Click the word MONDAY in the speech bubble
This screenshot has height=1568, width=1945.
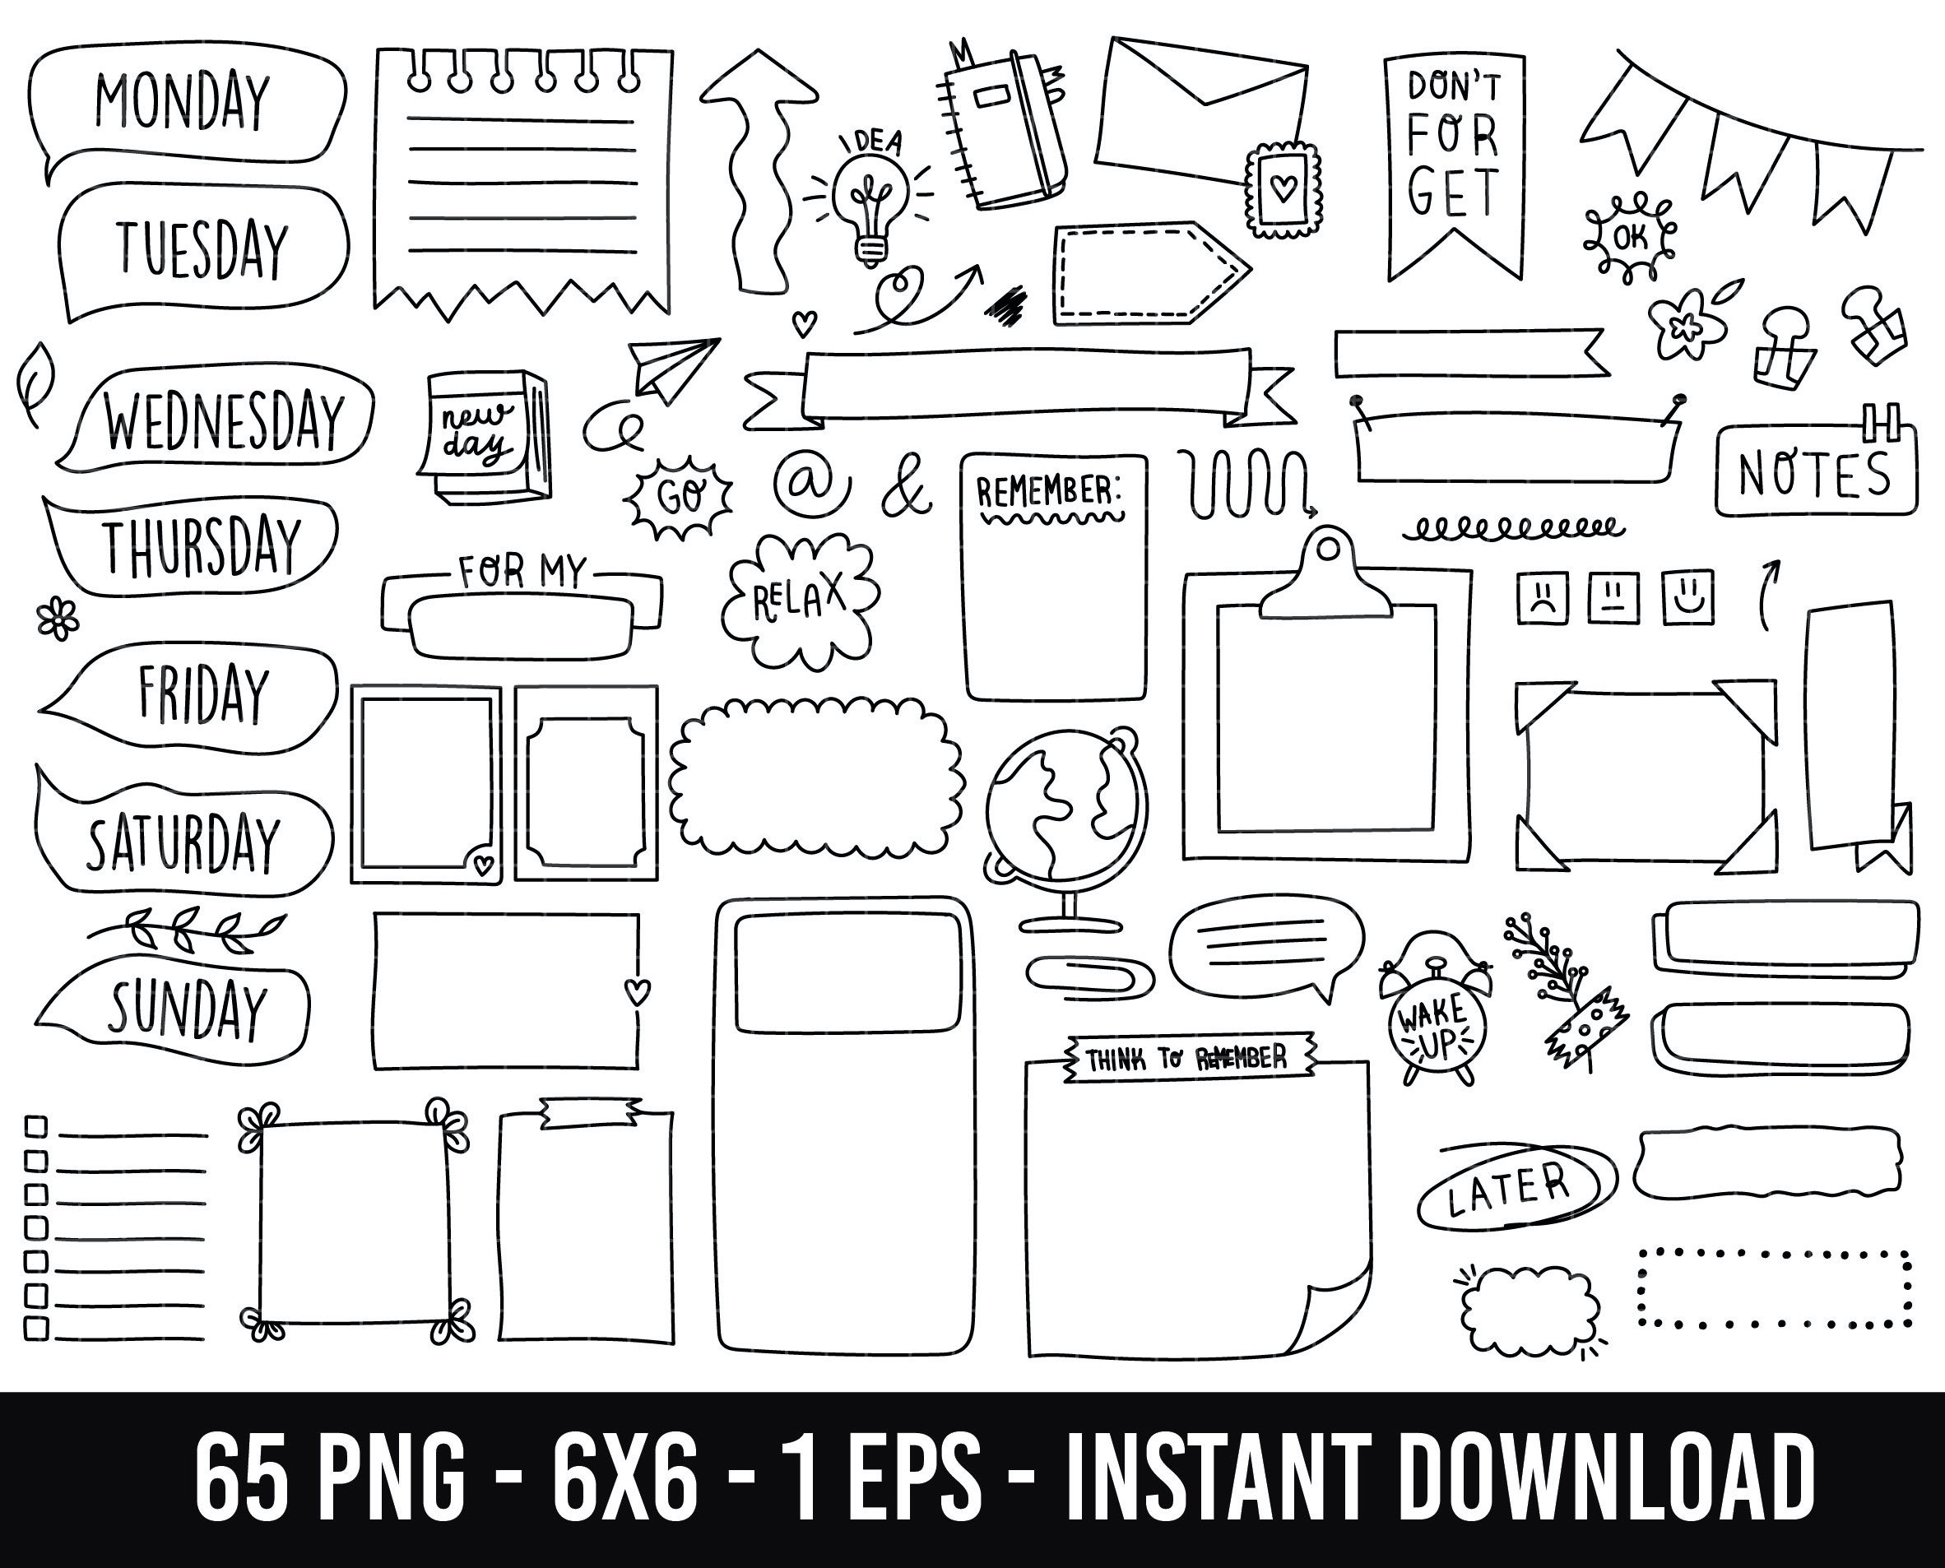pos(183,101)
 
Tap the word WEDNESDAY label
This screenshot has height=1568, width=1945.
pos(225,421)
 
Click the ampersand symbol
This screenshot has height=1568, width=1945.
pos(905,490)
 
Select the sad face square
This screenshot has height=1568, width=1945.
pos(1543,597)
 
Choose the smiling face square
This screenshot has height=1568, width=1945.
pos(1688,597)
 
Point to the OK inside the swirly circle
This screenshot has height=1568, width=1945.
pos(1629,238)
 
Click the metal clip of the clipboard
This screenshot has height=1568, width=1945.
pos(1326,578)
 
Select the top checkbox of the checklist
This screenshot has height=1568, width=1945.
pos(36,1125)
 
